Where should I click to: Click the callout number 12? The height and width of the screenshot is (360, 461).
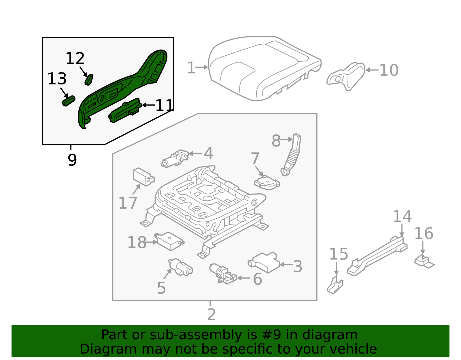coord(75,59)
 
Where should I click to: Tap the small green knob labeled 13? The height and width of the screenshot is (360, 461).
coord(69,101)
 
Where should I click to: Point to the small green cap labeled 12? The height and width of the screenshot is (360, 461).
coord(89,80)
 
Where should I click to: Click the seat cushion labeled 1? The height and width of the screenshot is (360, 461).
coord(259,69)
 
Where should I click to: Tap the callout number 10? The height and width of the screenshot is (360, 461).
coord(389,70)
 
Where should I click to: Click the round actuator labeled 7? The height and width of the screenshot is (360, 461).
coord(267,183)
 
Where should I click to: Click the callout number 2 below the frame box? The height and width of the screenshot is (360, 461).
coord(211,314)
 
